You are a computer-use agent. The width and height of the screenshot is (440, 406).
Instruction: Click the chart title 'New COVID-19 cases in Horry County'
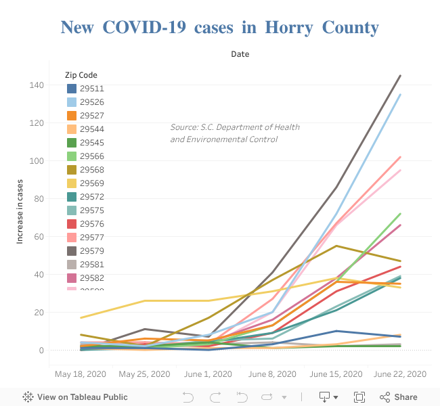pyautogui.click(x=219, y=27)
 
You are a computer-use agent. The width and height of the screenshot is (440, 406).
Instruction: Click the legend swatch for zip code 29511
pyautogui.click(x=72, y=89)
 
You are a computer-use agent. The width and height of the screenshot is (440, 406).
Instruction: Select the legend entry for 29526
pyautogui.click(x=91, y=102)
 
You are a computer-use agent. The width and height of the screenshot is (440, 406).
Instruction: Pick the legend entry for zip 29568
pyautogui.click(x=91, y=170)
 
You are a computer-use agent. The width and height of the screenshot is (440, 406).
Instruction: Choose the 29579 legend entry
pyautogui.click(x=91, y=251)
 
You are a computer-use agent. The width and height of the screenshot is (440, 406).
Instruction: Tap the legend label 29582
pyautogui.click(x=91, y=278)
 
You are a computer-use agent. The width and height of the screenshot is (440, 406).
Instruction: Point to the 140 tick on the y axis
pyautogui.click(x=36, y=85)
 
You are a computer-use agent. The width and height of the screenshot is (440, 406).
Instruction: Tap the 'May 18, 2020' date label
pyautogui.click(x=81, y=374)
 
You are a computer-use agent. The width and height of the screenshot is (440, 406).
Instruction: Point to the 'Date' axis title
pyautogui.click(x=240, y=53)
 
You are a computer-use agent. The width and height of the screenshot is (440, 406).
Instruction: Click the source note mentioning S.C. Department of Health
pyautogui.click(x=234, y=133)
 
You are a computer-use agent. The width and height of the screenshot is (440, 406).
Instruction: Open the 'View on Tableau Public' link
pyautogui.click(x=75, y=397)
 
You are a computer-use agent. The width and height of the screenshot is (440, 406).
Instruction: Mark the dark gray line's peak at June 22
pyautogui.click(x=400, y=76)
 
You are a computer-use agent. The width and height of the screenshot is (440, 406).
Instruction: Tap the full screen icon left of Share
pyautogui.click(x=359, y=397)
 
